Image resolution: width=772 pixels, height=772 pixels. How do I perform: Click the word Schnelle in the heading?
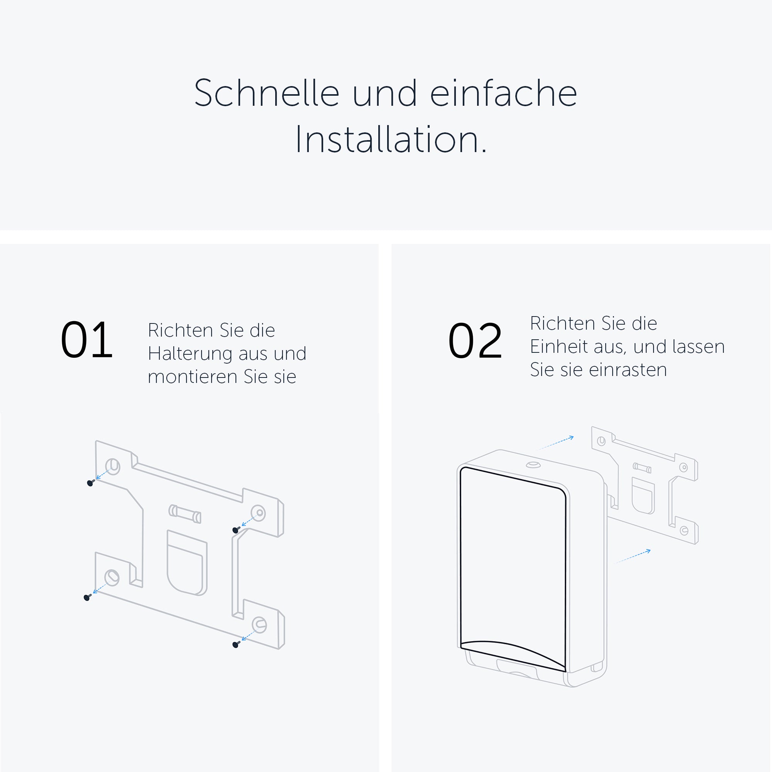click(x=266, y=93)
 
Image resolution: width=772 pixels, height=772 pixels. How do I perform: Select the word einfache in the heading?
click(x=503, y=93)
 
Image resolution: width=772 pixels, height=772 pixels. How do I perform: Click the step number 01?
click(x=87, y=340)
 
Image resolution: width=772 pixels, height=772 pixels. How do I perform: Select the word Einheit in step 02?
click(x=559, y=347)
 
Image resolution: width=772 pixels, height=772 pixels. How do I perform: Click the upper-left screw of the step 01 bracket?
click(x=90, y=483)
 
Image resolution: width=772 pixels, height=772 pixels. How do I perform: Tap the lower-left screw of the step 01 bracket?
click(x=87, y=598)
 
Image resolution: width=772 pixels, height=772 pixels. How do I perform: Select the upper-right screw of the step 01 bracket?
click(x=236, y=530)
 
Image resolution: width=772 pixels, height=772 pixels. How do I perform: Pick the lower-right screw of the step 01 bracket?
click(x=236, y=645)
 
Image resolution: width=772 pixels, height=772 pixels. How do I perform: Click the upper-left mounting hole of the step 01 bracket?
click(x=113, y=466)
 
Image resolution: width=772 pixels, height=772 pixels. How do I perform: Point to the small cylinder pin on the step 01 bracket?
click(x=185, y=514)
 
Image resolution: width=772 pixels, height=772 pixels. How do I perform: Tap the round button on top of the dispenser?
click(x=533, y=465)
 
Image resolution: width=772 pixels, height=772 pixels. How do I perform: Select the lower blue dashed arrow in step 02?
click(x=633, y=557)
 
